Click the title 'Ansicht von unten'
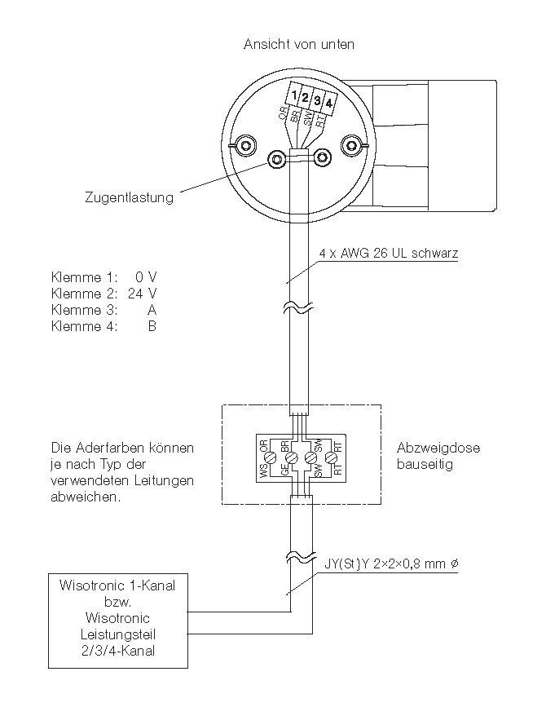pyautogui.click(x=299, y=44)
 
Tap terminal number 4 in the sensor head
pyautogui.click(x=328, y=102)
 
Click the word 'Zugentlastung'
pyautogui.click(x=129, y=197)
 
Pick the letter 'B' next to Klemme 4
pyautogui.click(x=152, y=326)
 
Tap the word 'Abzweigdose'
pyautogui.click(x=438, y=448)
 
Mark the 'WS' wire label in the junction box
pyautogui.click(x=263, y=472)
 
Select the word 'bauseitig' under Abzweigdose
pyautogui.click(x=424, y=464)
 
